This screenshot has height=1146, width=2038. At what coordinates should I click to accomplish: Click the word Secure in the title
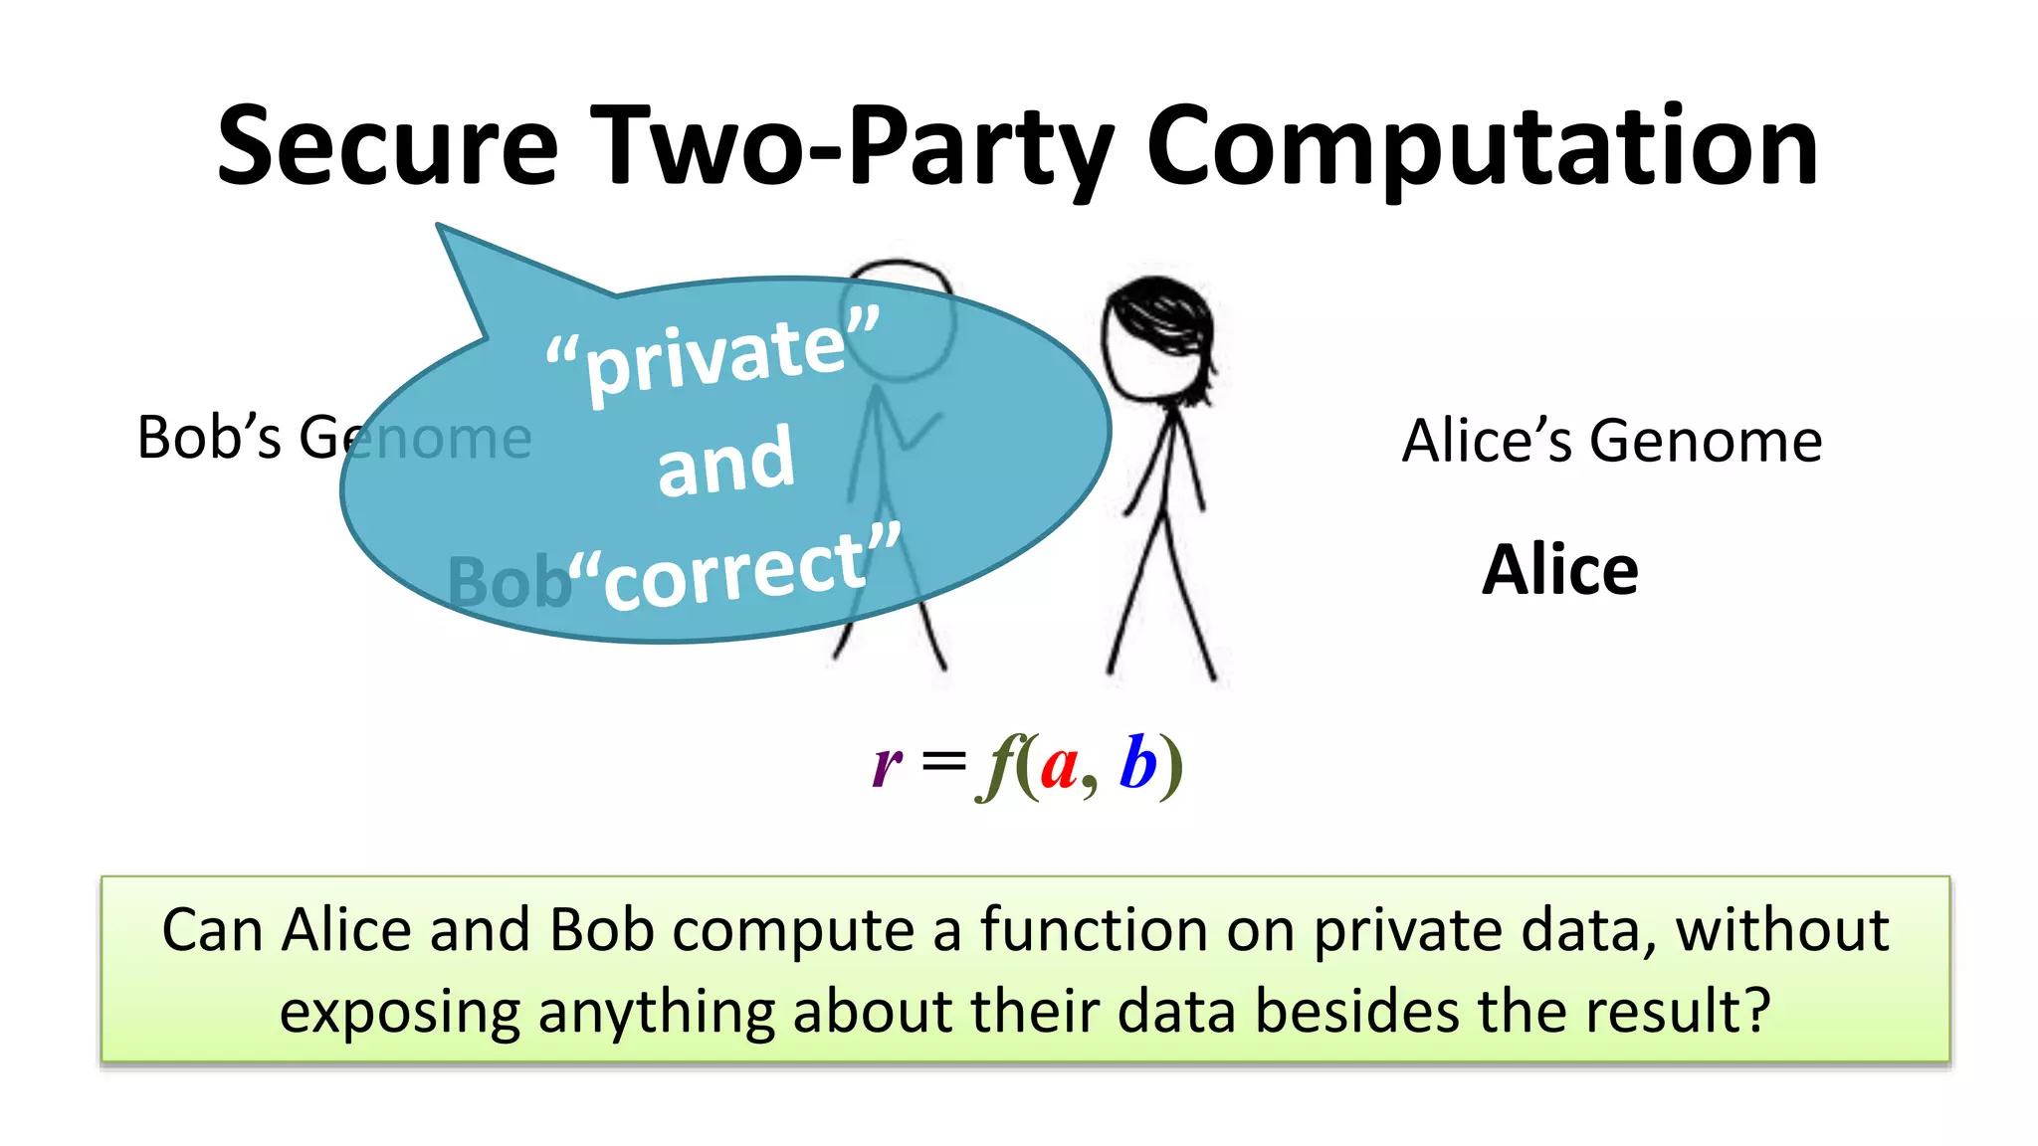click(x=388, y=146)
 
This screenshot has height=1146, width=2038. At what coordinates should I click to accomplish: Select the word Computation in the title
click(x=1483, y=146)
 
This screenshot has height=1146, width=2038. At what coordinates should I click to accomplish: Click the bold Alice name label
click(x=1559, y=570)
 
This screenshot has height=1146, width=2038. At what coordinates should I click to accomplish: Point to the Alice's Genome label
click(x=1611, y=441)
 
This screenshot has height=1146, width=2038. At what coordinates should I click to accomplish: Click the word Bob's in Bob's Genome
click(x=209, y=438)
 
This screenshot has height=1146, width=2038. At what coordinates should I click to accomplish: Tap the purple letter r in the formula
click(x=887, y=766)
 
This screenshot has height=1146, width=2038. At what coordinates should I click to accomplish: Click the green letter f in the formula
click(x=998, y=766)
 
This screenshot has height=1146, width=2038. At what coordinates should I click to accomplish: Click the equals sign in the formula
click(x=943, y=764)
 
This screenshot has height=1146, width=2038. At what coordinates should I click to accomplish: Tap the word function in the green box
click(x=1094, y=930)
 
